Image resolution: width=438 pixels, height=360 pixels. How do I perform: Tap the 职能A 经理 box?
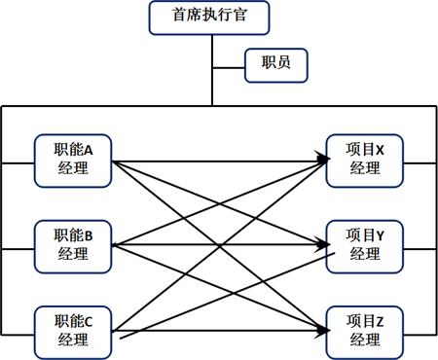point(73,160)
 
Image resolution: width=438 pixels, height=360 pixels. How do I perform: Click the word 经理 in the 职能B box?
point(73,254)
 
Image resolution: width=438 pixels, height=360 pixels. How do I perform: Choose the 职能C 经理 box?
point(73,330)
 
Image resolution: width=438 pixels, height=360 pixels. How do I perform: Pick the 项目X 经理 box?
point(364,160)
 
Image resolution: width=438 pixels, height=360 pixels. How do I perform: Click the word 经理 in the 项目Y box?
point(364,254)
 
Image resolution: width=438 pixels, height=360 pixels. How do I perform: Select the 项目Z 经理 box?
point(364,330)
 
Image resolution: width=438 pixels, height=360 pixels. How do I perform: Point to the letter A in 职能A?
point(89,151)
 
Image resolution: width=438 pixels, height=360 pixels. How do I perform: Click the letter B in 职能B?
point(89,235)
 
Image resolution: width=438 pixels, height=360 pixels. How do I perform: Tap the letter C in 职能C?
point(89,321)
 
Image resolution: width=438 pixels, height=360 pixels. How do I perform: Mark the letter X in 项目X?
point(380,151)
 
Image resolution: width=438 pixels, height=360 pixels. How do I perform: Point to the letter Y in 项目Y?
point(380,235)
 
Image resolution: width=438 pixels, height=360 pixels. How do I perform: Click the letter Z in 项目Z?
point(380,321)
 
